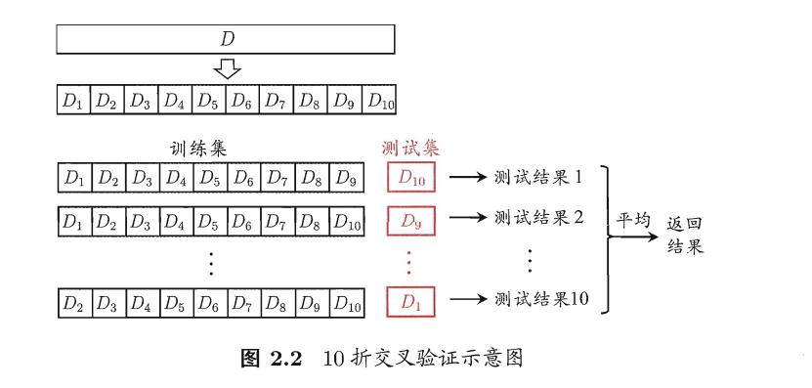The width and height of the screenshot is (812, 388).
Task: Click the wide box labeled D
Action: click(226, 39)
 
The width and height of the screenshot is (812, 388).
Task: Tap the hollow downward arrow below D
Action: click(228, 68)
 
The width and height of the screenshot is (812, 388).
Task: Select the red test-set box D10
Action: click(411, 177)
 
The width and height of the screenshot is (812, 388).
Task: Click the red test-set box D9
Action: click(411, 221)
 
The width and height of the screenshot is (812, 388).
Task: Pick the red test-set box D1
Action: click(411, 302)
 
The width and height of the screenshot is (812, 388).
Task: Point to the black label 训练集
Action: click(199, 150)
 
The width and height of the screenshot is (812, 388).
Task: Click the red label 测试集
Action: click(410, 150)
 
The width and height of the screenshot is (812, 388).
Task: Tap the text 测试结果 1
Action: click(538, 178)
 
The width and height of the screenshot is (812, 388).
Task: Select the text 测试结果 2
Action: click(538, 219)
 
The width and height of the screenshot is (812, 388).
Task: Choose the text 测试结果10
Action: click(541, 299)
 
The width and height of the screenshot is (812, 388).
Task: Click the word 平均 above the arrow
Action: click(632, 220)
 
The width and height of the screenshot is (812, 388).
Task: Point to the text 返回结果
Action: click(685, 235)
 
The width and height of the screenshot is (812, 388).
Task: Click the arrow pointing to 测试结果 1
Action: click(469, 178)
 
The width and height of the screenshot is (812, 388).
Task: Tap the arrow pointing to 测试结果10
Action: click(469, 299)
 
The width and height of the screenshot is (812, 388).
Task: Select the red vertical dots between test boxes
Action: click(409, 262)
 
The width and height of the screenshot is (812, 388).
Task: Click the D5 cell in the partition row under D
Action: click(208, 100)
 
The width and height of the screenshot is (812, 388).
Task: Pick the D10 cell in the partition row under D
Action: click(379, 100)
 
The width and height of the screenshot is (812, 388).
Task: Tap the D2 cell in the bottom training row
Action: click(74, 304)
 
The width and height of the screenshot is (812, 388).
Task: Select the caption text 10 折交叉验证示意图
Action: click(423, 359)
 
